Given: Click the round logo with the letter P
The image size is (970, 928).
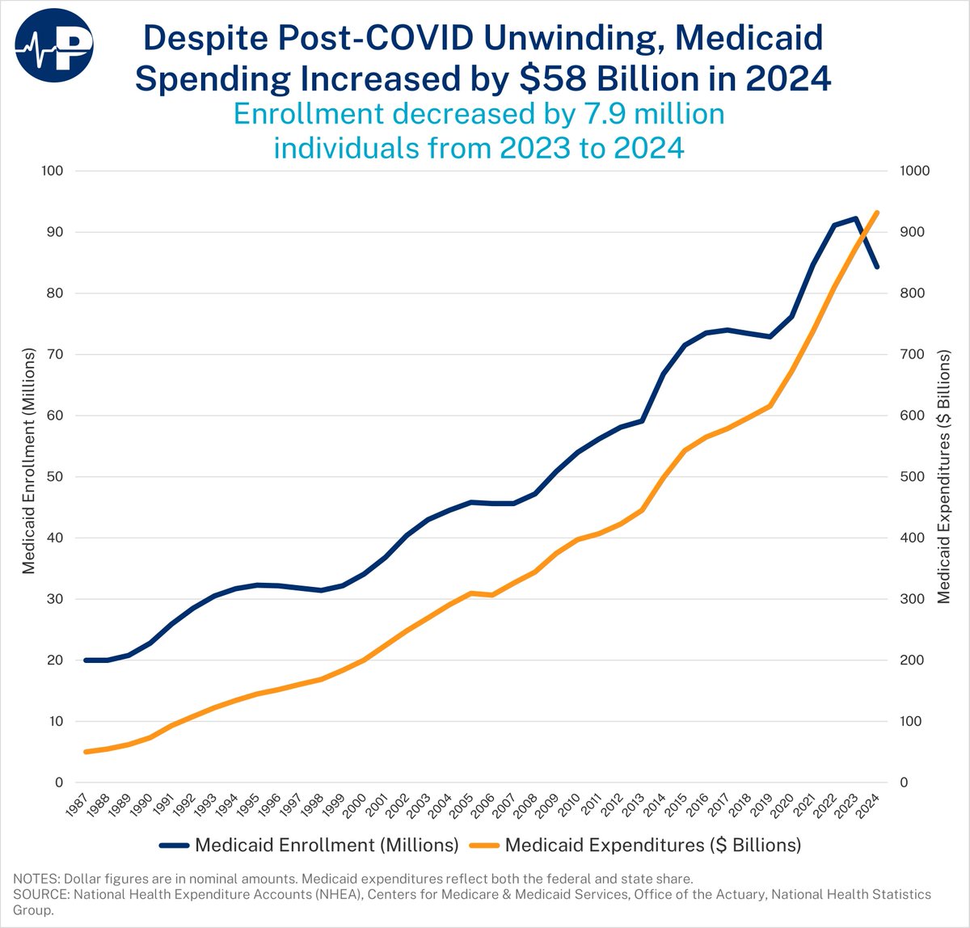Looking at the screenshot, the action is [54, 45].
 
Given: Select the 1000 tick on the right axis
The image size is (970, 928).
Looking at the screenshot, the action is [914, 171].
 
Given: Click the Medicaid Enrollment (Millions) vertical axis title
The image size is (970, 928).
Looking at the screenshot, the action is [29, 461].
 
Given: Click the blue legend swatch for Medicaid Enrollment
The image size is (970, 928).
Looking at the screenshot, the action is [174, 846].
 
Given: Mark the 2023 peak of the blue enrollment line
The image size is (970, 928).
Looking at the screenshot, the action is [855, 217].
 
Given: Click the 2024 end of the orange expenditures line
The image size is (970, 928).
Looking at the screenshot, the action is [877, 213].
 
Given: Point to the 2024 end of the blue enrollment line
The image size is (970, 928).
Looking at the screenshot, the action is [877, 267].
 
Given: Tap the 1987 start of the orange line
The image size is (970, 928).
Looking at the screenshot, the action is [86, 752].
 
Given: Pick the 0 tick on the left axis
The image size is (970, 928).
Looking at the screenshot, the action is [59, 782].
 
